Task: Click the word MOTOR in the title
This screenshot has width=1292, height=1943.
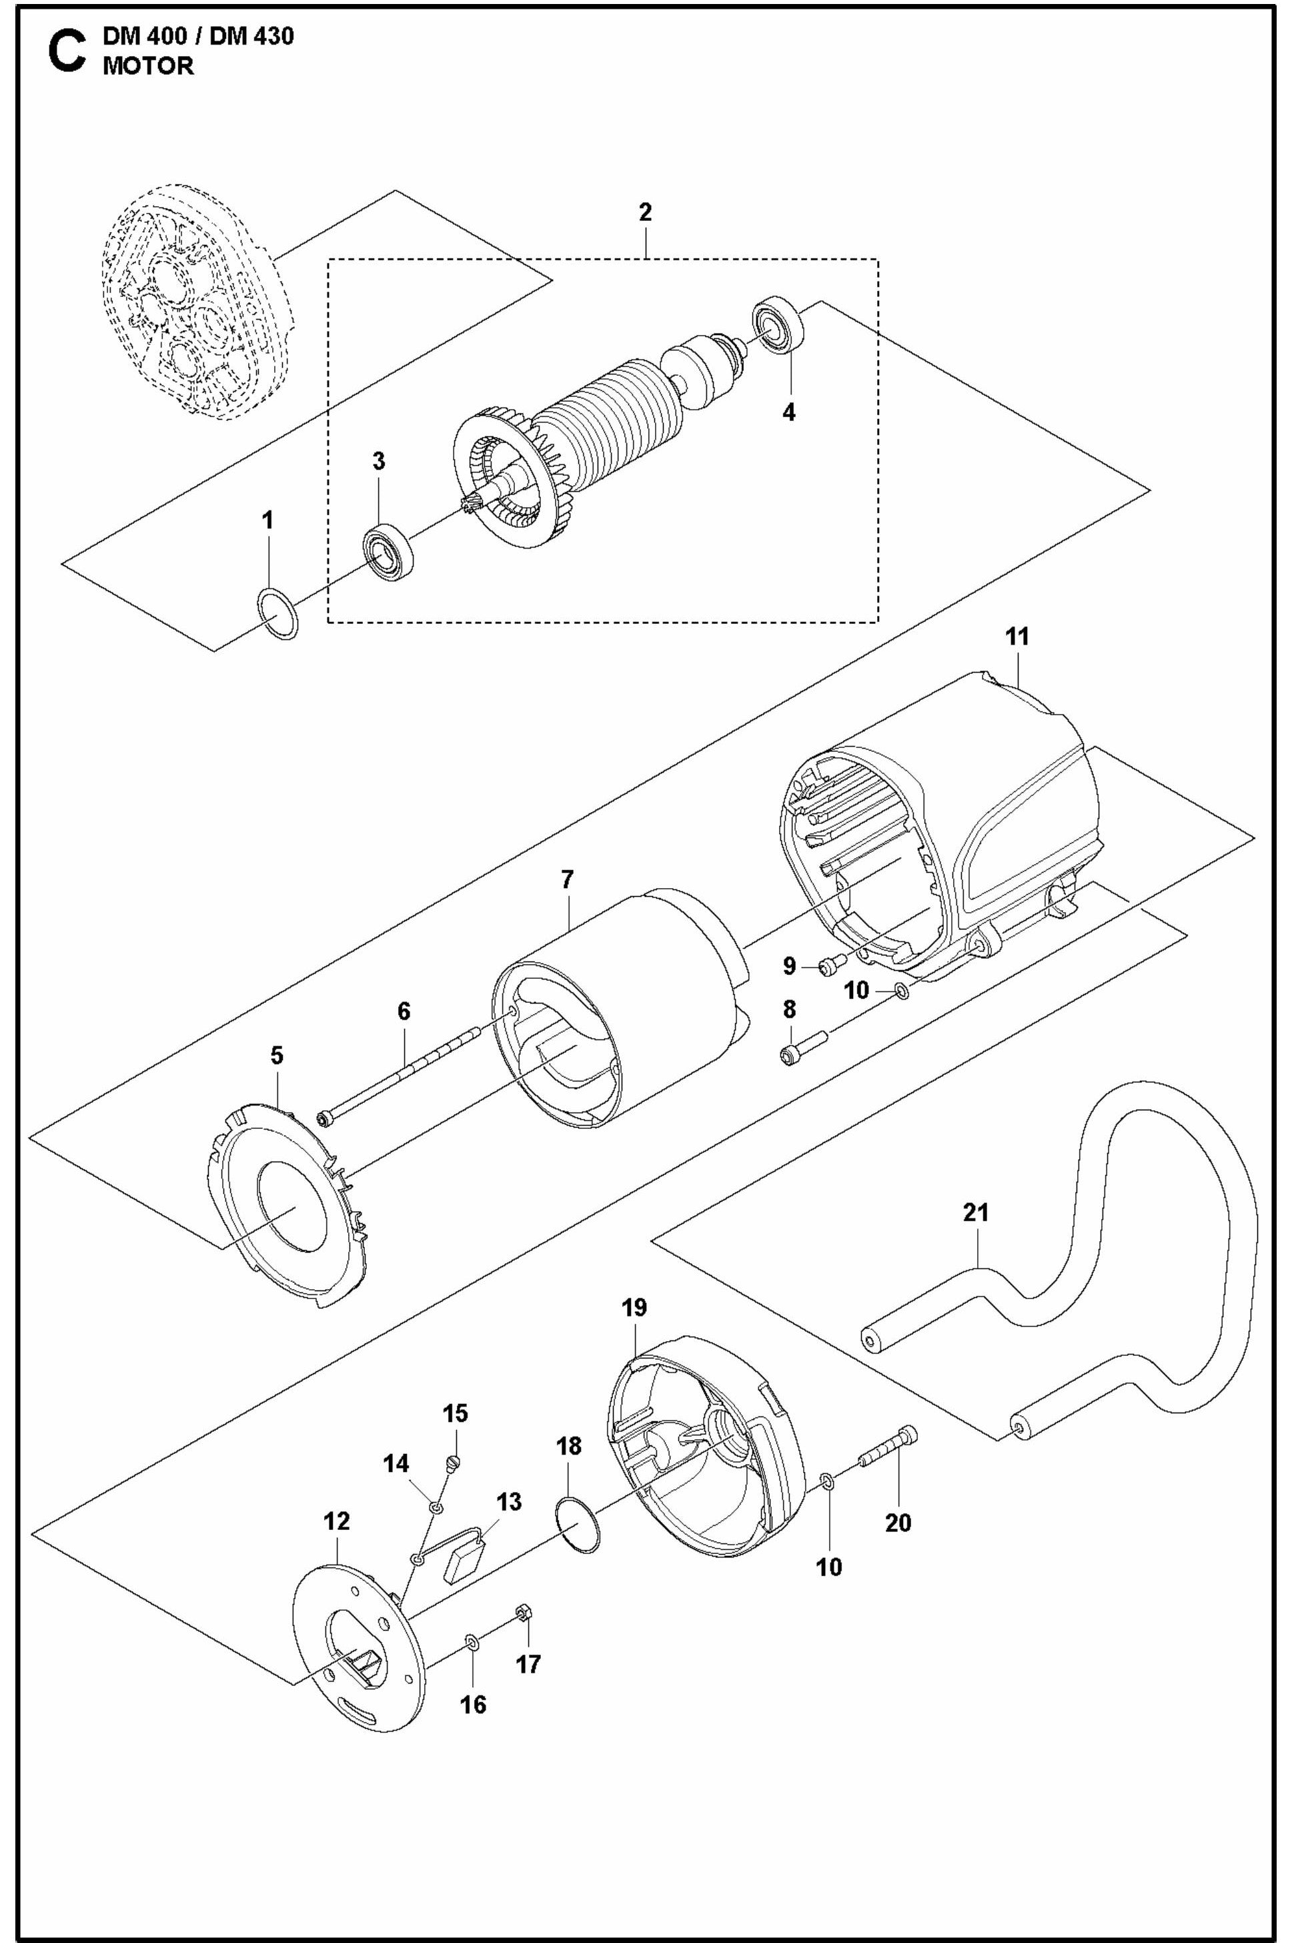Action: click(x=148, y=67)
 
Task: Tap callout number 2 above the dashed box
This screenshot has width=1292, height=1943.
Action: click(x=645, y=213)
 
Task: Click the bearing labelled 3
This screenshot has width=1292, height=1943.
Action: click(x=388, y=551)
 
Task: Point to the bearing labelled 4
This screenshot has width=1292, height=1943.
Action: click(x=778, y=326)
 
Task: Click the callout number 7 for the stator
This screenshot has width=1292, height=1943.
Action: click(x=567, y=880)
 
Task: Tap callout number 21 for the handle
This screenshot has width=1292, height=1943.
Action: click(x=976, y=1213)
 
